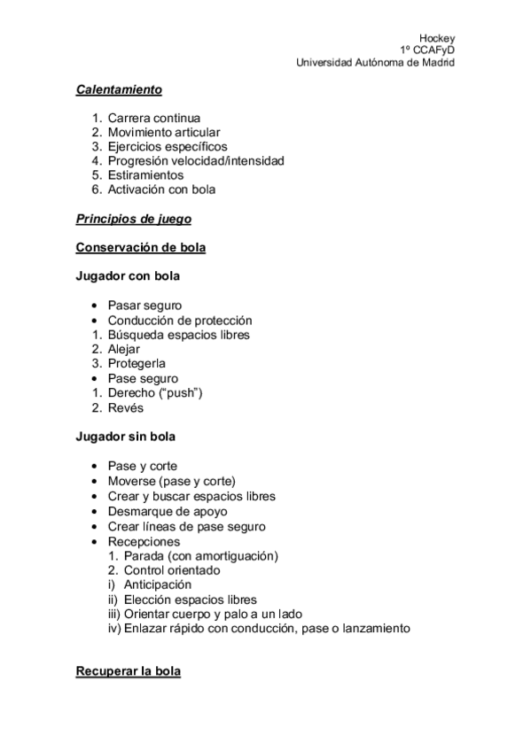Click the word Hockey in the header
(x=437, y=38)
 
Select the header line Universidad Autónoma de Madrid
(x=375, y=63)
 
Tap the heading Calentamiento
(x=119, y=89)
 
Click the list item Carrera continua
(x=153, y=118)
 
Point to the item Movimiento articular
(x=164, y=132)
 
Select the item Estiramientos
(x=145, y=175)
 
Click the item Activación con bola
(x=161, y=190)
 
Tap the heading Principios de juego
(x=134, y=218)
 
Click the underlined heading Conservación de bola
(x=141, y=247)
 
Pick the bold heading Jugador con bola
(x=128, y=276)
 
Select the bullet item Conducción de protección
(x=180, y=320)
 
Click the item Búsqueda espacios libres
(x=178, y=335)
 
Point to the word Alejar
(x=124, y=349)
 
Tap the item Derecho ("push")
(x=155, y=392)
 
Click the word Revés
(x=125, y=407)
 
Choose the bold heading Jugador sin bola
(x=126, y=437)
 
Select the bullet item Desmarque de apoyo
(x=168, y=512)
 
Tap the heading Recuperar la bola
(x=129, y=672)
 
